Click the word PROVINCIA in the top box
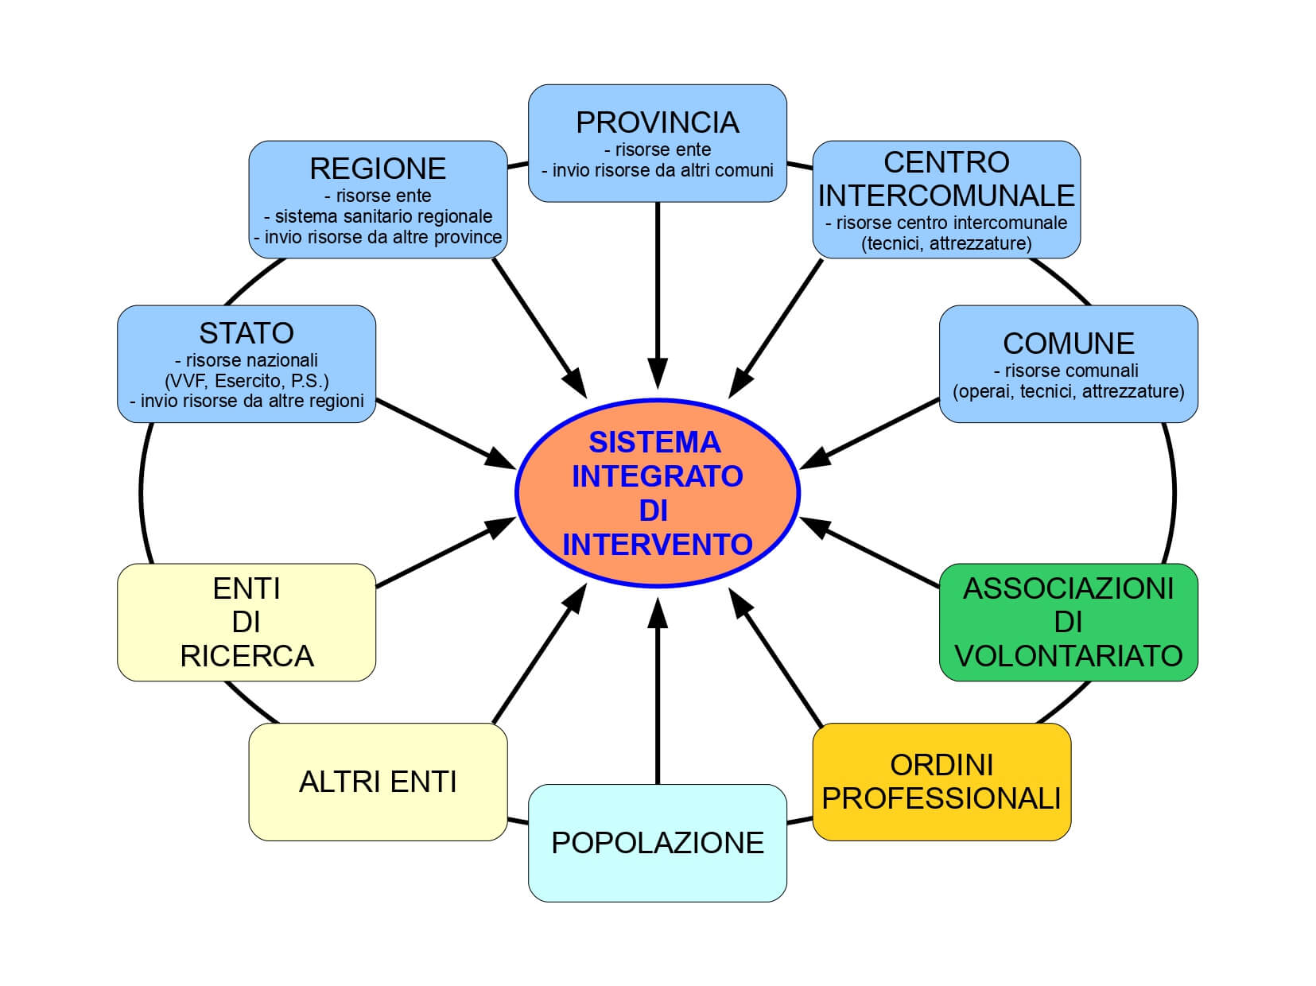tap(657, 122)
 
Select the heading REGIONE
tap(378, 169)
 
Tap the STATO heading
tap(247, 332)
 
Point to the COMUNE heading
tap(1068, 344)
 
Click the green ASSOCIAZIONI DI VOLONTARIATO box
tap(1068, 622)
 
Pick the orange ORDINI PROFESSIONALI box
tap(941, 782)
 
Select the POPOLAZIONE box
tap(657, 843)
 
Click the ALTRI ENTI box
tap(378, 782)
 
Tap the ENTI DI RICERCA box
tap(247, 622)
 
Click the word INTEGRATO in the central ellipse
tap(657, 476)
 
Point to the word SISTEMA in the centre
tap(654, 442)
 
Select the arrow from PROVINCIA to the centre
tap(658, 294)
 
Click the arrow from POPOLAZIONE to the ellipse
tap(658, 692)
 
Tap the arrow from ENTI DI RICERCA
tap(445, 553)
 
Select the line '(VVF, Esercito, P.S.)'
tap(247, 380)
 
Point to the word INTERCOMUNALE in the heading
tap(946, 196)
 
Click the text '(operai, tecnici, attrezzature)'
tap(1068, 391)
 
